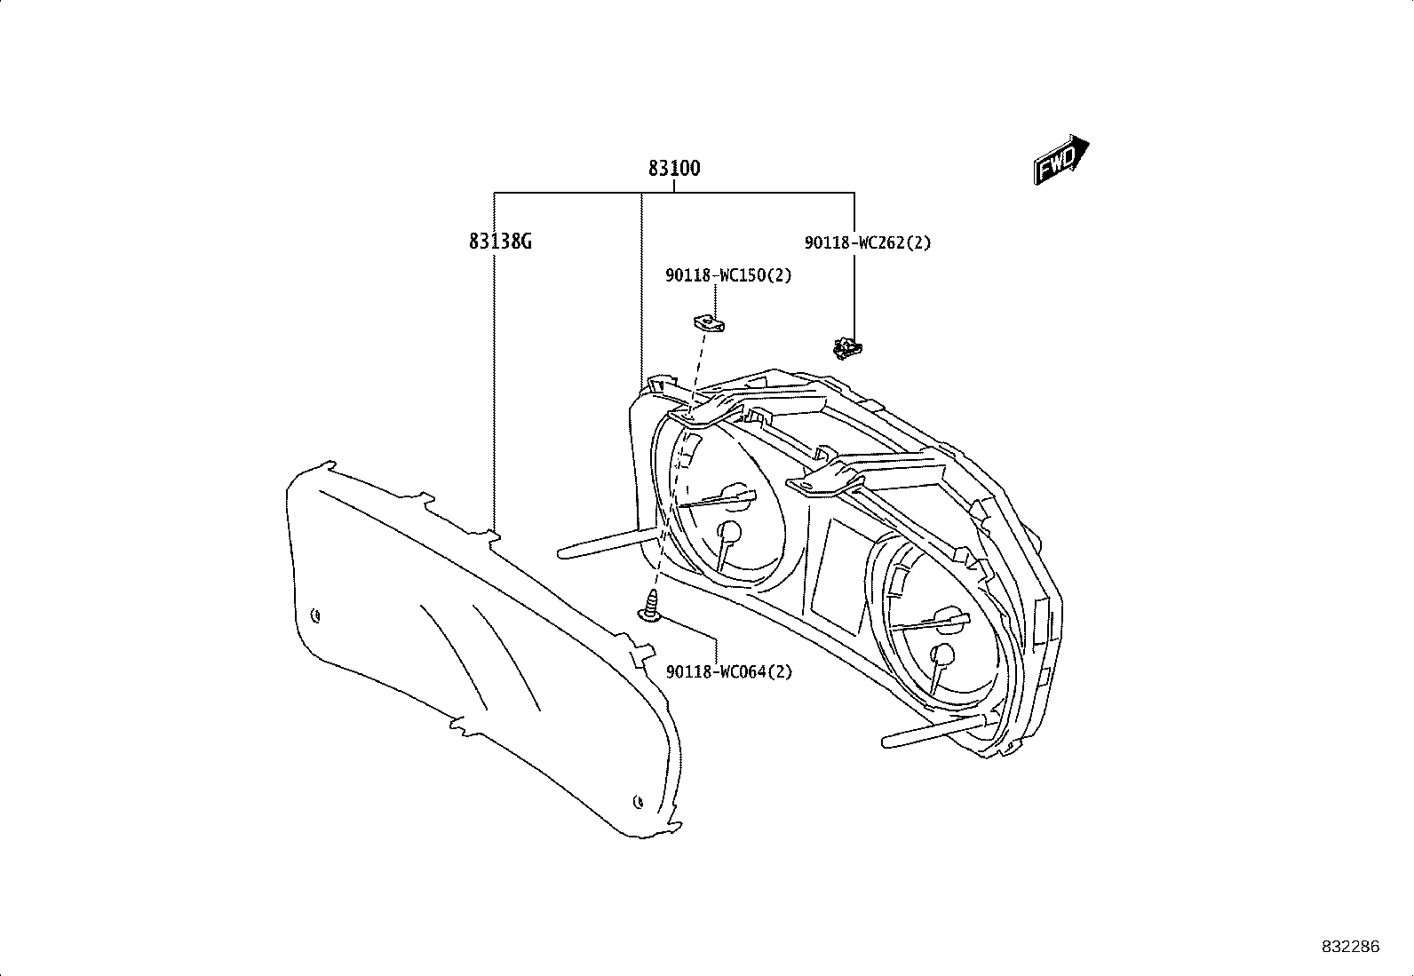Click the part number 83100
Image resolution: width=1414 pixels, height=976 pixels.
pos(674,169)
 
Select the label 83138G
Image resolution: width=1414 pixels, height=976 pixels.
pos(500,242)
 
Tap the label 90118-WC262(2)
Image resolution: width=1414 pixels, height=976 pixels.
pos(868,243)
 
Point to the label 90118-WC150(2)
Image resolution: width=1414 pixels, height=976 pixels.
pos(728,276)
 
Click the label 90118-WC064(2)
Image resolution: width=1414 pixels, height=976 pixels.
pos(729,671)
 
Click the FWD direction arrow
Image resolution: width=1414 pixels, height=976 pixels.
pos(1060,160)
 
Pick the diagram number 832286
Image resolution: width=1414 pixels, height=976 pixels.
pos(1351,947)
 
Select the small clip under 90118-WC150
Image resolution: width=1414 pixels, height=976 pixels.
pos(709,324)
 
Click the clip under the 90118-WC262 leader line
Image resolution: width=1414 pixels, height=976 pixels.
pos(847,348)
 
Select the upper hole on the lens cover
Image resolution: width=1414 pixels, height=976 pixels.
pos(315,615)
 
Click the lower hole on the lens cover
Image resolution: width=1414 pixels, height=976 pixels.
pos(638,802)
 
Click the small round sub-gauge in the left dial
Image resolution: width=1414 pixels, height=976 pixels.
pos(730,532)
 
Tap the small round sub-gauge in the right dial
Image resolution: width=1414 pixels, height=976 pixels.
pos(943,655)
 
